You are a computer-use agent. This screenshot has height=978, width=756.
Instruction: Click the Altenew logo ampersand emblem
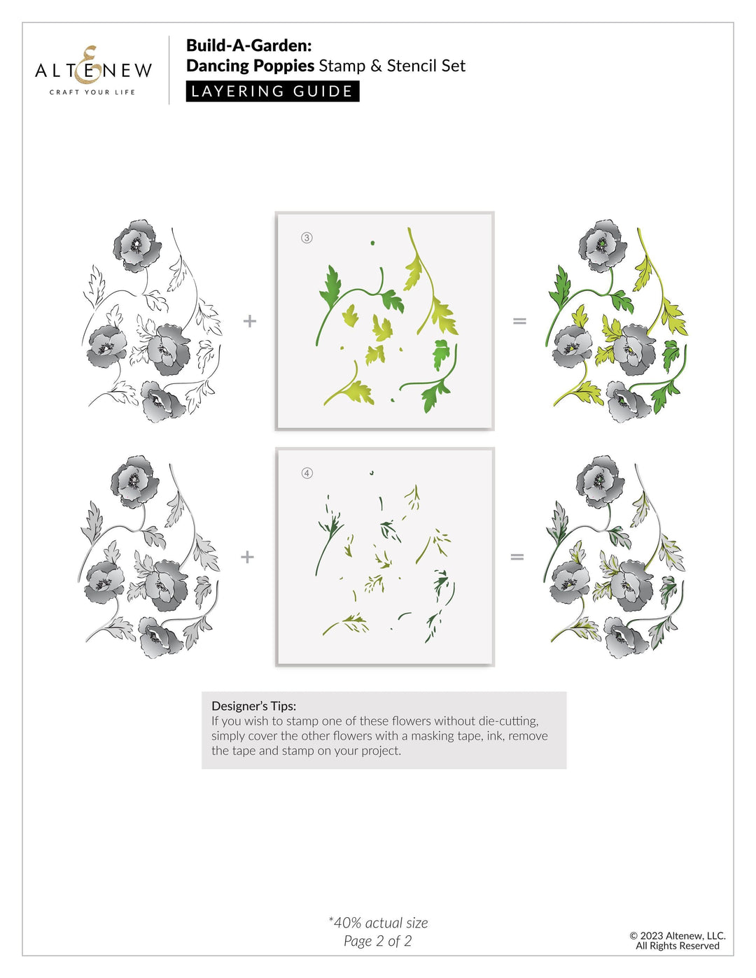click(x=89, y=64)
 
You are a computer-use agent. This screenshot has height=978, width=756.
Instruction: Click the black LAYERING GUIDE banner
click(x=272, y=92)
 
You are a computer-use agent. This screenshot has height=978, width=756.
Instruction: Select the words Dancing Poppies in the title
click(x=250, y=66)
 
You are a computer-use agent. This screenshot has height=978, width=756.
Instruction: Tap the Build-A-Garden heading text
click(x=248, y=45)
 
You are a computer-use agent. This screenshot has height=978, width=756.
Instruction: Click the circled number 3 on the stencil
click(x=307, y=238)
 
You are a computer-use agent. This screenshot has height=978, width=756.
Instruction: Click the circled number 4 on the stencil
click(x=307, y=474)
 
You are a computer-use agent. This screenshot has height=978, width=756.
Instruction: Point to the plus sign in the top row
click(x=249, y=321)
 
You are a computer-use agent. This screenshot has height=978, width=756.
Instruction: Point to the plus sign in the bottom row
click(x=247, y=557)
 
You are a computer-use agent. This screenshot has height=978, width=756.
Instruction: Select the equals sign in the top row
click(x=519, y=321)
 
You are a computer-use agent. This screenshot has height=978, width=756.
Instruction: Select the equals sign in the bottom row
click(x=517, y=557)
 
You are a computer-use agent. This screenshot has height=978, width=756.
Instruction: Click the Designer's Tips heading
click(x=253, y=706)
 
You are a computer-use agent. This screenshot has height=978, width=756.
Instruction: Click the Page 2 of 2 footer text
click(x=377, y=941)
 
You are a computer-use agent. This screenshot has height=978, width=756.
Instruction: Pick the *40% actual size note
click(x=378, y=923)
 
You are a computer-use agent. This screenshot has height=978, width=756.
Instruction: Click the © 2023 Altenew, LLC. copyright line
click(x=677, y=935)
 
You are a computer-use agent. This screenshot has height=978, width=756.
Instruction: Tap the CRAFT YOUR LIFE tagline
click(x=92, y=92)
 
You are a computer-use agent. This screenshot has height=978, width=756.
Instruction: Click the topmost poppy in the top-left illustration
click(x=137, y=245)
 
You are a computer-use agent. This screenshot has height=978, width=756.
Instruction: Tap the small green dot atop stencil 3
click(x=372, y=243)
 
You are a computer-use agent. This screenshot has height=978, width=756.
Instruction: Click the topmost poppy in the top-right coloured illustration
click(x=603, y=245)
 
